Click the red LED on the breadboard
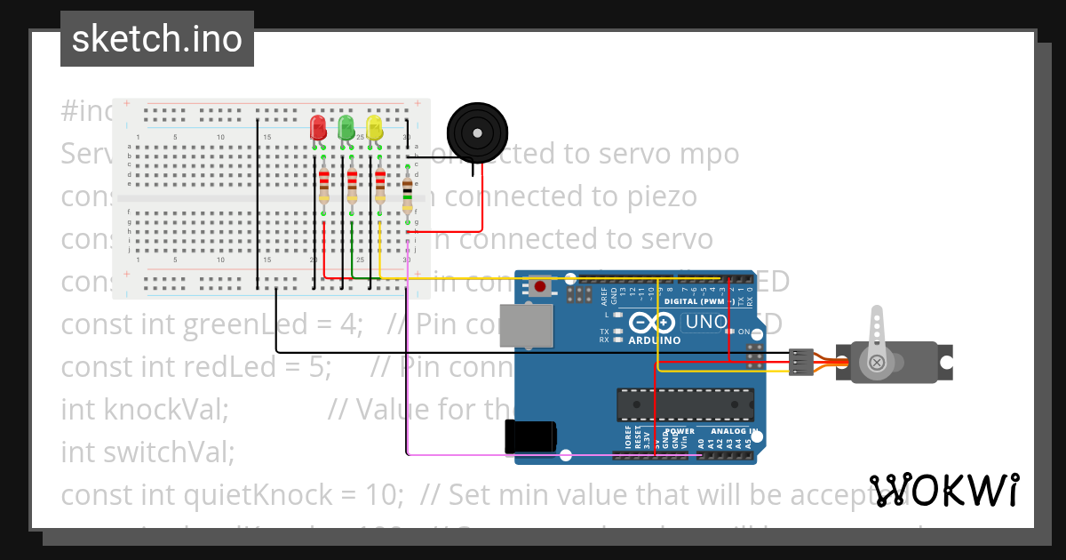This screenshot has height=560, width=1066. [x=317, y=127]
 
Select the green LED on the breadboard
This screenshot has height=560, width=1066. [x=346, y=127]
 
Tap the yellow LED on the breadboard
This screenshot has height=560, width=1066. [x=374, y=127]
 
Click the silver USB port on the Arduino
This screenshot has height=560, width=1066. [x=526, y=325]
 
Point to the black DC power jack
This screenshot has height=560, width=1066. [x=530, y=436]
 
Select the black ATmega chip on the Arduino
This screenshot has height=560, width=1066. [x=685, y=404]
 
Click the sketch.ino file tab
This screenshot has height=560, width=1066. [x=157, y=39]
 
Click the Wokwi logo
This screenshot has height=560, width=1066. [x=943, y=490]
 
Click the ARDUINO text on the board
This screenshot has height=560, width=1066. [x=654, y=340]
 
